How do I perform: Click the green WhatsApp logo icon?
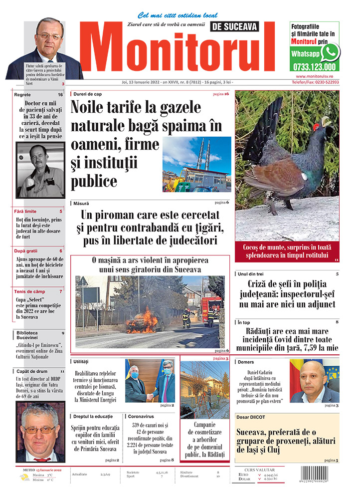[x=330, y=52]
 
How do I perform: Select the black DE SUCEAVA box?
[x=242, y=27]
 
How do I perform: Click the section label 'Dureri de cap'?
[x=88, y=94]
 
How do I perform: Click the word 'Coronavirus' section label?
[x=141, y=416]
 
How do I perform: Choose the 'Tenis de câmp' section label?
[x=30, y=291]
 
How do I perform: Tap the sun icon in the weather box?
[x=23, y=477]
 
